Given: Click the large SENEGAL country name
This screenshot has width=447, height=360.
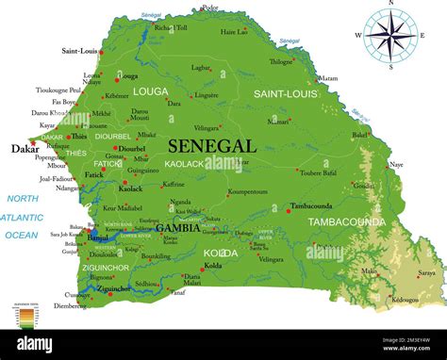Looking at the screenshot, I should point(212,146).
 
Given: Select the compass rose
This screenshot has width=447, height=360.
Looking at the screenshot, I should point(389,37).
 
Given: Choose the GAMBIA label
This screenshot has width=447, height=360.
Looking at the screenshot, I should point(177,228).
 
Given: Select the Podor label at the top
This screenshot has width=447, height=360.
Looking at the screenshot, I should point(209,8).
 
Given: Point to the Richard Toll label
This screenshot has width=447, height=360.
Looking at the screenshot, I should point(171,28).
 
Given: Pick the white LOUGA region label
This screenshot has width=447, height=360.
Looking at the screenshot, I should point(150,91).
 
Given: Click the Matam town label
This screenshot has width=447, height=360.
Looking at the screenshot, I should point(327,78).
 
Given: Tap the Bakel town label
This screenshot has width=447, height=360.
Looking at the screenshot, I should point(360,135).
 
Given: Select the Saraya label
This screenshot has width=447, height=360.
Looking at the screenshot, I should point(427,272).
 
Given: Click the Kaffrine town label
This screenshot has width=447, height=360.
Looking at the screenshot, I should point(173,185).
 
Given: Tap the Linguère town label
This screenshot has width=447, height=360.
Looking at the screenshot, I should point(207,95).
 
